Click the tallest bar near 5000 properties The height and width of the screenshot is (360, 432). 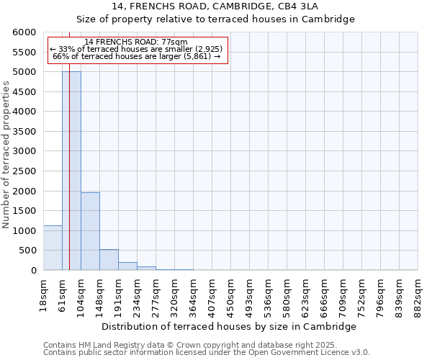pos(71,171)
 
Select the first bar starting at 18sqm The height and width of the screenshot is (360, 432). pos(53,248)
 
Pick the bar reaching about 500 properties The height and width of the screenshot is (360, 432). pos(109,259)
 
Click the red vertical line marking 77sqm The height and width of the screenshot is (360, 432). pos(69,144)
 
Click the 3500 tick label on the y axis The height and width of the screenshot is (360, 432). pos(24,132)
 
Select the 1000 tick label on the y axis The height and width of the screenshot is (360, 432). pos(24,231)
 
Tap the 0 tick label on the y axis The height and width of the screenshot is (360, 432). pos(33,271)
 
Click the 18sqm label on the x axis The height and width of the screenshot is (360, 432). pos(44,292)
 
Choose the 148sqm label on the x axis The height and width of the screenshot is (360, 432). pos(100,294)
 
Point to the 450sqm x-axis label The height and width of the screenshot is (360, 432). pos(231,294)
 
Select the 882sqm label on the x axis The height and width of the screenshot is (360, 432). pos(418,294)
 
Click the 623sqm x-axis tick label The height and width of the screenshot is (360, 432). pos(306,294)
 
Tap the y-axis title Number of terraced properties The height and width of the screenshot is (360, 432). pos(6,155)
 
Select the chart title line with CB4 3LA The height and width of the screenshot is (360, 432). pos(215,6)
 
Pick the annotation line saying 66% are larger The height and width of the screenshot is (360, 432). pos(136,56)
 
